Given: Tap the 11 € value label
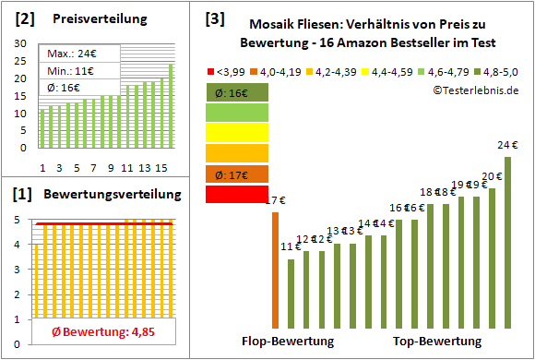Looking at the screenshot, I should [x=291, y=246].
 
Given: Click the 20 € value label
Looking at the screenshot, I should [x=491, y=176].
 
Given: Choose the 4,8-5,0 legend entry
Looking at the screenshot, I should [x=498, y=69].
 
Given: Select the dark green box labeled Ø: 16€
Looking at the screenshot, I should [x=237, y=92].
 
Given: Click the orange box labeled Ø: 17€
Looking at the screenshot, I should [x=237, y=174].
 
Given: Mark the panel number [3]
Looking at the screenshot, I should [x=215, y=18].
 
